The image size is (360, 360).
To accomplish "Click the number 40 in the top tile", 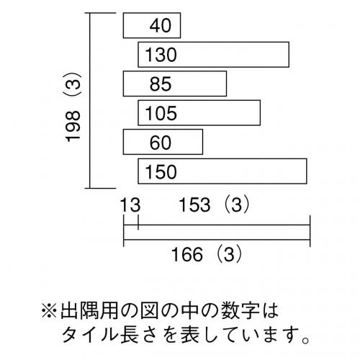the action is tap(161, 25).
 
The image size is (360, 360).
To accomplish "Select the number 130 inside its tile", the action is tap(161, 55).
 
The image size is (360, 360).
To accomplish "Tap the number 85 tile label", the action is tap(161, 84).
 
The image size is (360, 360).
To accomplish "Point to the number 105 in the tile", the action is tap(161, 113).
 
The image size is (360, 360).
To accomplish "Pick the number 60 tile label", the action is tap(161, 143).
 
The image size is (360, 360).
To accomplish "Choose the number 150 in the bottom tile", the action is tap(161, 172).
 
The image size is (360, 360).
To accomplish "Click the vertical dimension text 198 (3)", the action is tap(73, 107).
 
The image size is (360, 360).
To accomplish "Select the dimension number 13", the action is tap(130, 204).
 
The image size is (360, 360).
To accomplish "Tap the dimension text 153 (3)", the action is tap(215, 204).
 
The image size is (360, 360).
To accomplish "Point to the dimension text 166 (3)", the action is tap(207, 254).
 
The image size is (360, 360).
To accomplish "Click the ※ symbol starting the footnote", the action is tap(50, 311).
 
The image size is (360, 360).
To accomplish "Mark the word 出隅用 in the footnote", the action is tap(89, 311).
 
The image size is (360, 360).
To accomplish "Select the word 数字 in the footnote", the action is tap(240, 311).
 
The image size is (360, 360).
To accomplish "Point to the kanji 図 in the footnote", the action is tap(149, 311).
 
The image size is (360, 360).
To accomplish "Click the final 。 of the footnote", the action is tap(306, 340).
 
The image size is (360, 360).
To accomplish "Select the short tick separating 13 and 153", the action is tap(138, 222).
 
